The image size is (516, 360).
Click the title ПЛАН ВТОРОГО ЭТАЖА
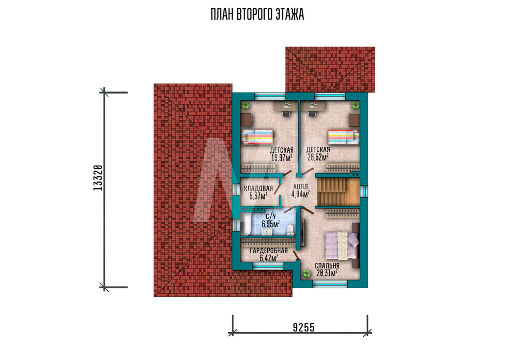click(x=257, y=15)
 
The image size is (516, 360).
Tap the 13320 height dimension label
click(x=98, y=178)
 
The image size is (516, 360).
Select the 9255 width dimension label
click(x=304, y=327)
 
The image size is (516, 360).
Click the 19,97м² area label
click(x=282, y=158)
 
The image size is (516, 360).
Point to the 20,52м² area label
click(x=318, y=157)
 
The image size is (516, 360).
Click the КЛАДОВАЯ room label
click(x=259, y=189)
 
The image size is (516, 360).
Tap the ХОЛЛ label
click(x=300, y=187)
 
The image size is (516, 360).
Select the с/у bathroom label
click(x=271, y=216)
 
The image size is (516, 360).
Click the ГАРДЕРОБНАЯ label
click(x=269, y=251)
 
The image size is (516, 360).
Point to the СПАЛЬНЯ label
click(x=327, y=266)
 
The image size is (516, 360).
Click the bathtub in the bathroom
click(x=246, y=224)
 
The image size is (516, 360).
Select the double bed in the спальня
click(x=342, y=245)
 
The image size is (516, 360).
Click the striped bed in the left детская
click(x=257, y=137)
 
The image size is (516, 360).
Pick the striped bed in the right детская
click(x=343, y=137)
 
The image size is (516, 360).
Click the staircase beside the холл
click(x=338, y=192)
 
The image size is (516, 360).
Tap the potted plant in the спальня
click(x=307, y=273)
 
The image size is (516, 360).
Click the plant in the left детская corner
click(x=245, y=106)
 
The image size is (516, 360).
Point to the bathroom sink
click(x=266, y=232)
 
